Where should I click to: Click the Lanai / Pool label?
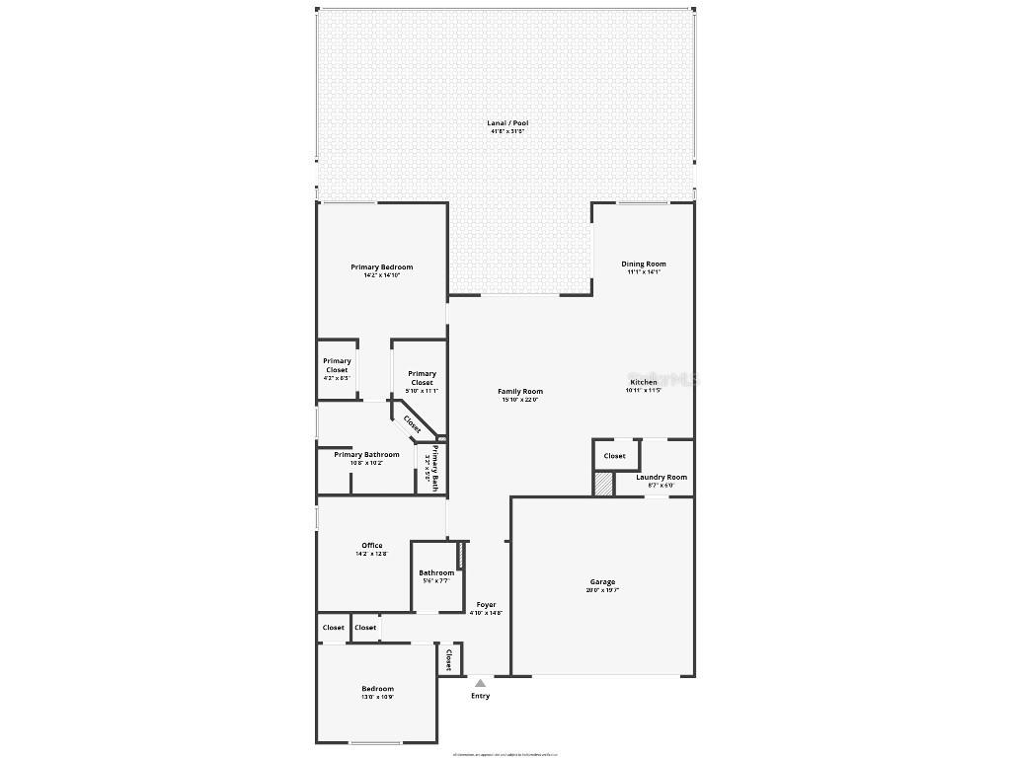coord(507,123)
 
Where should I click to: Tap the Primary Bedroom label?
coord(381,267)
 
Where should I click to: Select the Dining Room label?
coord(643,265)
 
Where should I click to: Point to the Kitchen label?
coord(643,382)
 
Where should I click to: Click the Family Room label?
coord(519,392)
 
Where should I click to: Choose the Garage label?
coord(602,582)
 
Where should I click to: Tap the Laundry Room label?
coord(661,478)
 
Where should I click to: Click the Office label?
coord(371,546)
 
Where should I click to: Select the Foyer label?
coord(486,605)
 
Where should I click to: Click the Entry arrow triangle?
coord(480,682)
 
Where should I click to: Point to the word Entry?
coord(480,696)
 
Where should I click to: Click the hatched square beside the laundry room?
coord(603,485)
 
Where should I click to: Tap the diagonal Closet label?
coord(412,423)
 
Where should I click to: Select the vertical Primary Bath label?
coord(431,467)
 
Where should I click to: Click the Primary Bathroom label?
coord(366,455)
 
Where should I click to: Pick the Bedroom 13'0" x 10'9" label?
coord(377,689)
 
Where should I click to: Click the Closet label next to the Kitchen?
coord(614,456)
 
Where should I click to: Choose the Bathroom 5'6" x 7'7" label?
coord(435,573)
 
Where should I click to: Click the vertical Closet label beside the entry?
coord(448,659)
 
